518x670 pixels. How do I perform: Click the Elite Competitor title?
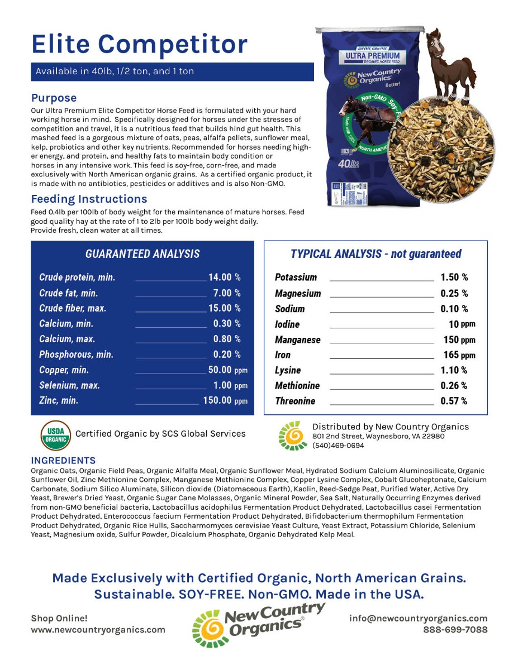[139, 44]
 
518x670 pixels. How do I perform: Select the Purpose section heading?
[54, 98]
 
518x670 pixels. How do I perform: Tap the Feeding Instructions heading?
[89, 199]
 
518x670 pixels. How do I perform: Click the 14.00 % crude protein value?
[224, 277]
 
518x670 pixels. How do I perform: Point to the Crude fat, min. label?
[68, 293]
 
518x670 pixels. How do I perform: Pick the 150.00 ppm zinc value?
[225, 400]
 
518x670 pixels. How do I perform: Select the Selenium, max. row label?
[69, 385]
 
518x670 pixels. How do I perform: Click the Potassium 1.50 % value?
[454, 277]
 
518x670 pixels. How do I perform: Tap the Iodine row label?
[287, 324]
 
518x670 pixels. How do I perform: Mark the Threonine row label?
[295, 401]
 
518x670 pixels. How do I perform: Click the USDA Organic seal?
[55, 435]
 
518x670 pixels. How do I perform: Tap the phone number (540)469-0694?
[338, 446]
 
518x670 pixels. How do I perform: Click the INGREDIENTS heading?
[63, 461]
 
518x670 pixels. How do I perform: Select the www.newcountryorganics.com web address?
[98, 630]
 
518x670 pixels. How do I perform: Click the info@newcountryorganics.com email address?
[418, 618]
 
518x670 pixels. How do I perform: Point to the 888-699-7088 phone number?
[455, 630]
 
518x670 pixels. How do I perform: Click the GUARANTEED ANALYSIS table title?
[142, 254]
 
